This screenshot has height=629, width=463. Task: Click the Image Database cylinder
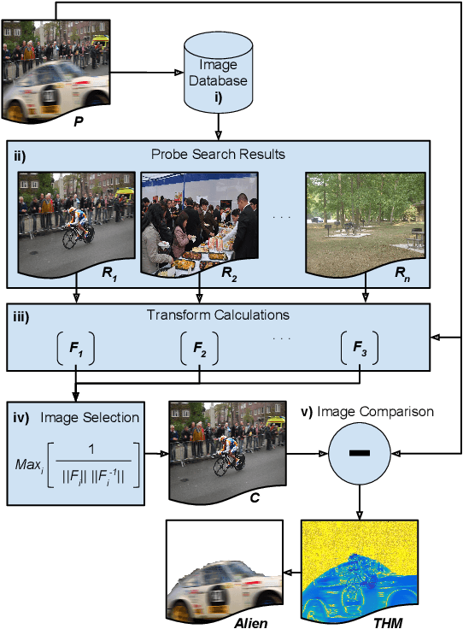pyautogui.click(x=219, y=74)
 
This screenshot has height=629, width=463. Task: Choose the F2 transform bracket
pyautogui.click(x=200, y=348)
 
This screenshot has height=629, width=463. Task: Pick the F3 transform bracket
pyautogui.click(x=360, y=348)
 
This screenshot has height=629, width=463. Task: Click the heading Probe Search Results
pyautogui.click(x=218, y=155)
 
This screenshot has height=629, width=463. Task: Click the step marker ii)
pyautogui.click(x=21, y=155)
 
